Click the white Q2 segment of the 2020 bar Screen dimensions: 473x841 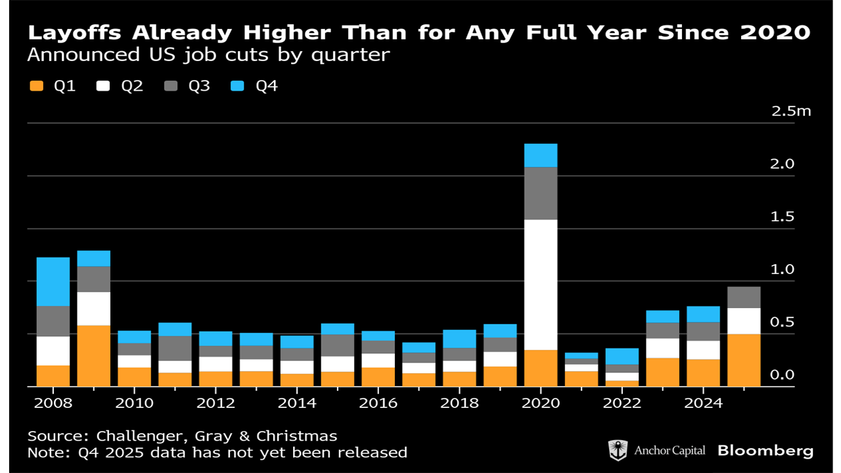(x=541, y=284)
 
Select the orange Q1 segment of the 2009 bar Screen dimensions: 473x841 (x=93, y=355)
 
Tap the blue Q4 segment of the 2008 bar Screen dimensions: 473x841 (x=53, y=281)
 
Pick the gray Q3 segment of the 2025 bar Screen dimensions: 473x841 (x=744, y=297)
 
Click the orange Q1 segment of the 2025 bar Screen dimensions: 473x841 (x=744, y=360)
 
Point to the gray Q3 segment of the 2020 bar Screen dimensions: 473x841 (x=541, y=193)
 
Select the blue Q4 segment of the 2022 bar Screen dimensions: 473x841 (x=622, y=356)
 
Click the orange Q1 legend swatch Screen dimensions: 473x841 (x=36, y=86)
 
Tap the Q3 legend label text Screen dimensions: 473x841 (x=199, y=86)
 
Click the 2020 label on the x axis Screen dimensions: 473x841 (x=541, y=403)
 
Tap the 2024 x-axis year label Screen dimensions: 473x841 (x=703, y=403)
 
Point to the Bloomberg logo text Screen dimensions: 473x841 (x=765, y=451)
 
